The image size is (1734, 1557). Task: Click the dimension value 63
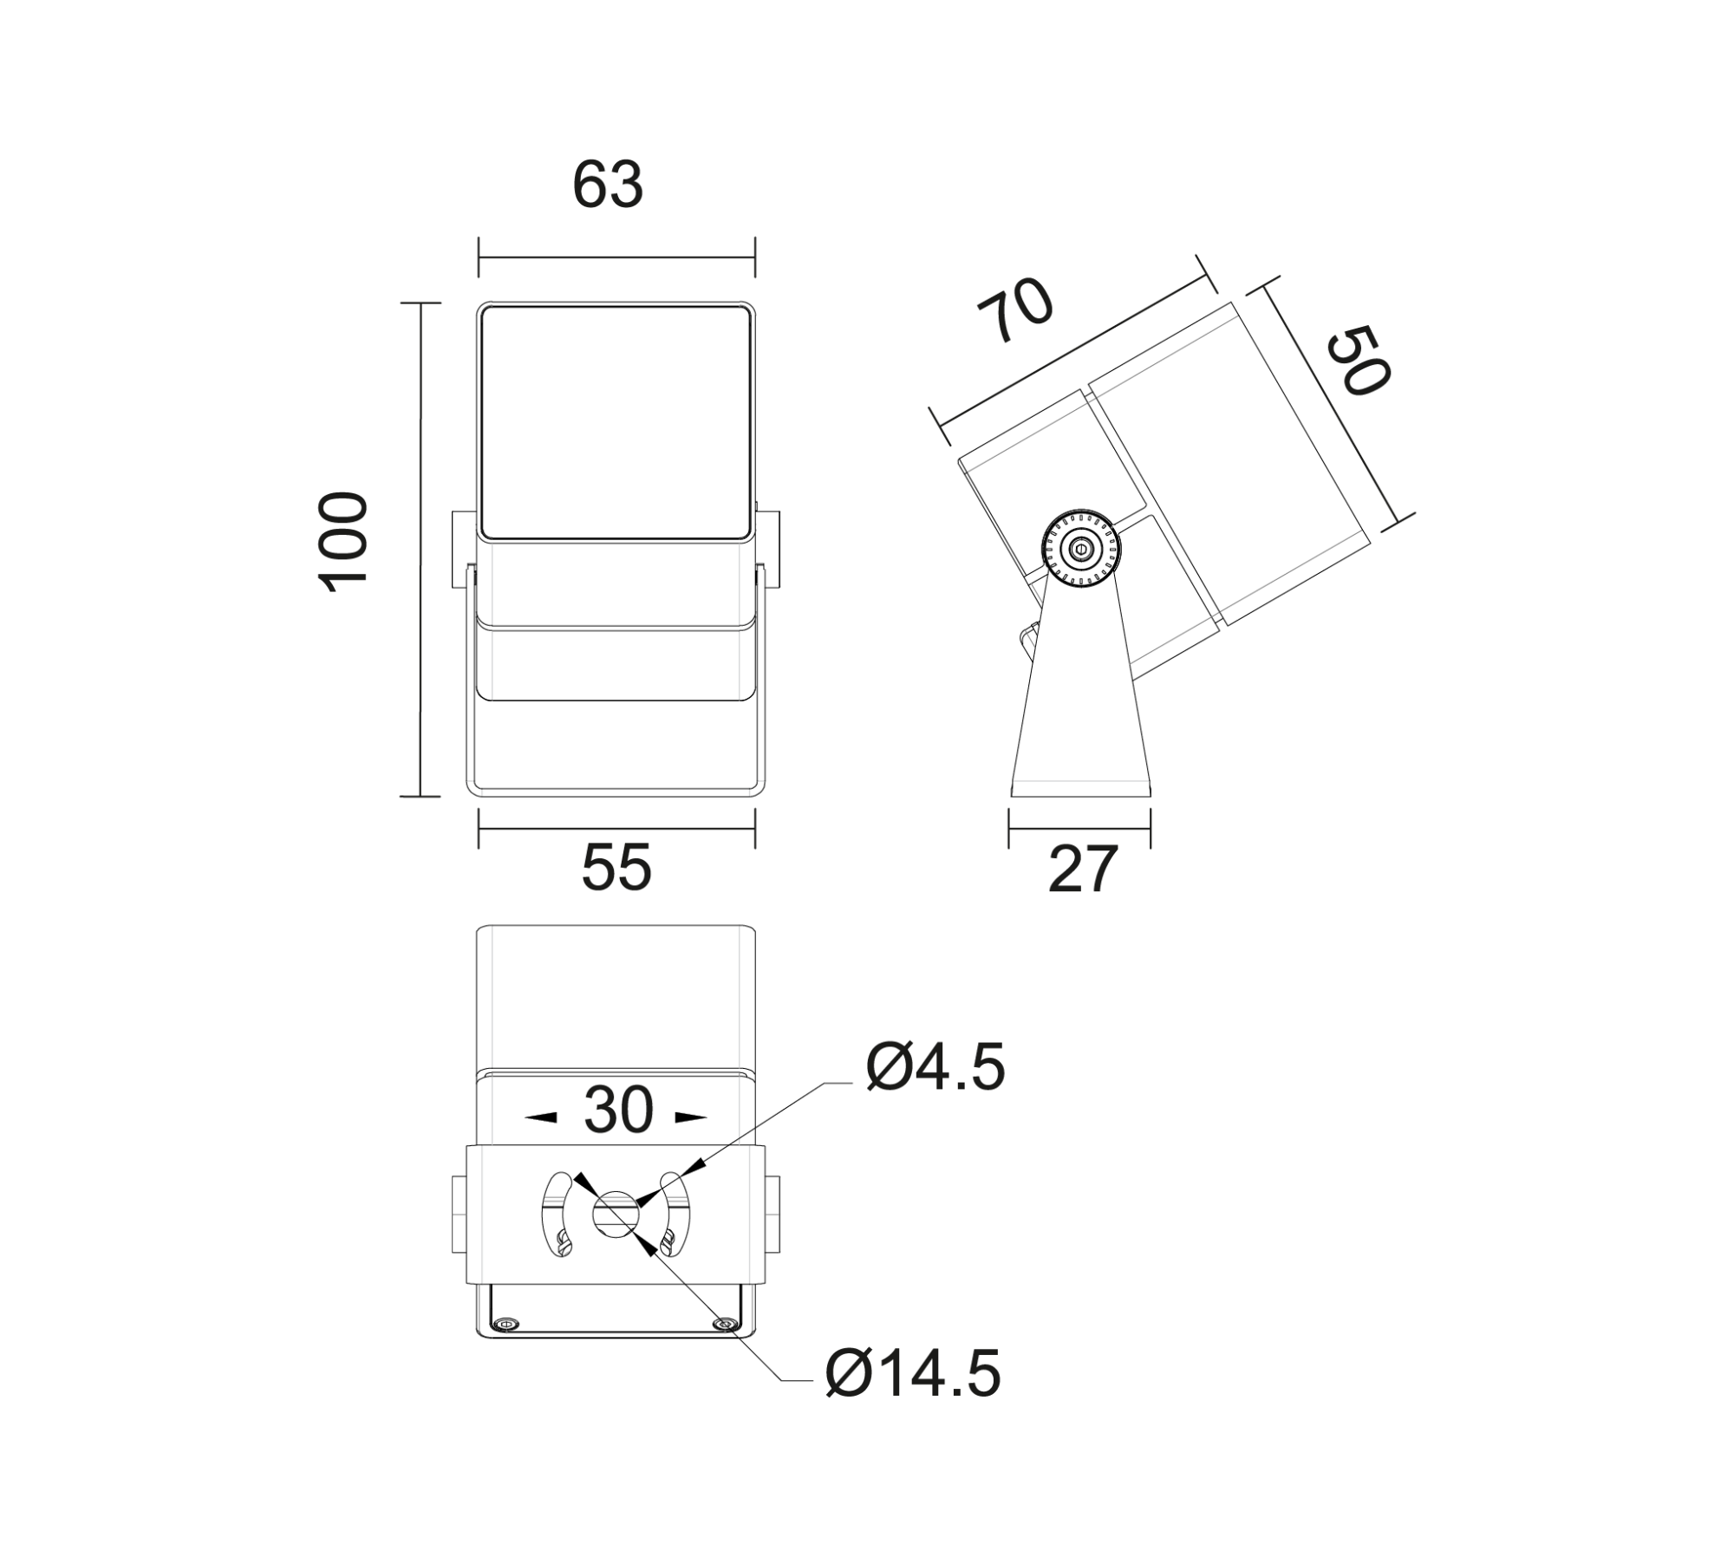[608, 185]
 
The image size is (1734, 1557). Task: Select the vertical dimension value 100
[344, 543]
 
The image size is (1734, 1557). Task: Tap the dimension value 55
[616, 868]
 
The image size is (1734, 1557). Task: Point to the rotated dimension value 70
[1015, 310]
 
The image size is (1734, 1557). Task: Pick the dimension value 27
[1083, 870]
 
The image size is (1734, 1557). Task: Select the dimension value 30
[617, 1111]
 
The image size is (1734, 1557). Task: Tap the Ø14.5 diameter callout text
[914, 1373]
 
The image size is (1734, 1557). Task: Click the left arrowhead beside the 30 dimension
[541, 1118]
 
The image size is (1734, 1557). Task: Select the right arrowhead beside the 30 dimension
[692, 1118]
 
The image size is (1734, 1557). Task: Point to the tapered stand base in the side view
[1081, 694]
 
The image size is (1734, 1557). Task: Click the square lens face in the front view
[616, 422]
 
